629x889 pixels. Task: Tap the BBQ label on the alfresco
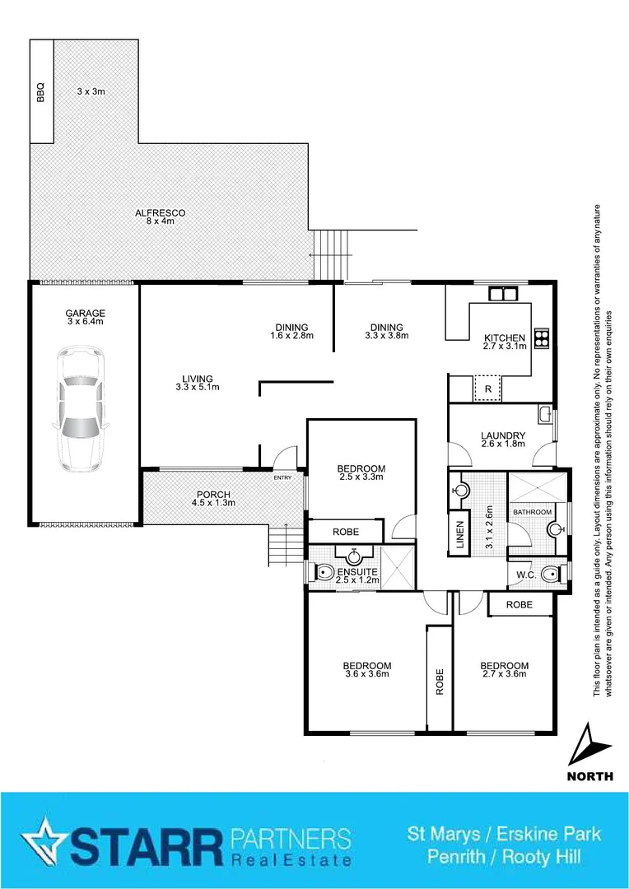click(41, 91)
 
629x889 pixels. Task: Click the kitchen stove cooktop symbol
click(543, 337)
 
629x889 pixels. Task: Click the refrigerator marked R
click(487, 389)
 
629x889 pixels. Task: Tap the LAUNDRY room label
click(504, 440)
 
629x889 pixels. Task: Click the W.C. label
click(526, 574)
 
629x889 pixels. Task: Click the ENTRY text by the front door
click(282, 478)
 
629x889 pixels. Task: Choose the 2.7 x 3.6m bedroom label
click(504, 670)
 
